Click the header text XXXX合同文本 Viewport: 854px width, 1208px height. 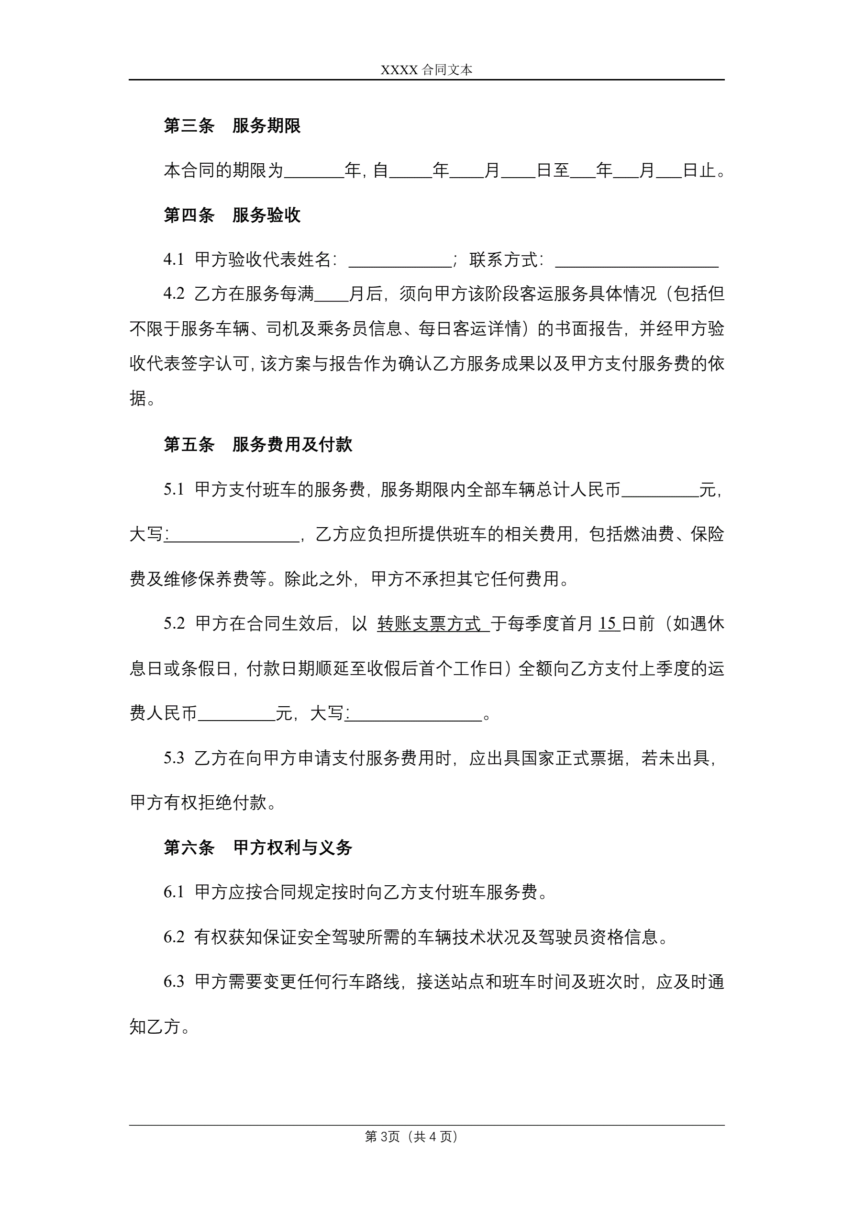(426, 70)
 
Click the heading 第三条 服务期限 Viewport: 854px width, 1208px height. (232, 126)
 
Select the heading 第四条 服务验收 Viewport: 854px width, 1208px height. (232, 215)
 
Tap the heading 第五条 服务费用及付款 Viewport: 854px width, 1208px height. (258, 445)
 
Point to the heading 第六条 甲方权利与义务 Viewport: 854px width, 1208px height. (258, 847)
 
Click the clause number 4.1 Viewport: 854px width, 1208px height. (174, 260)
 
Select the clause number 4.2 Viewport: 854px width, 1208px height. (174, 294)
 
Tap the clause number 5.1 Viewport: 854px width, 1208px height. (174, 490)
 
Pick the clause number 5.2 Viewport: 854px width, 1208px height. (174, 624)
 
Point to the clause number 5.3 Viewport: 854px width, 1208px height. (174, 758)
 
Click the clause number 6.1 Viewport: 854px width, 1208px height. (174, 892)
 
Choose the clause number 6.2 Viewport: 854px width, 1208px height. (174, 937)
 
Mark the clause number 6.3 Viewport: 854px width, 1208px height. (174, 982)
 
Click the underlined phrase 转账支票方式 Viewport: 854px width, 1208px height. (430, 624)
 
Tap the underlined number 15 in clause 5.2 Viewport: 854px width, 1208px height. (608, 624)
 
